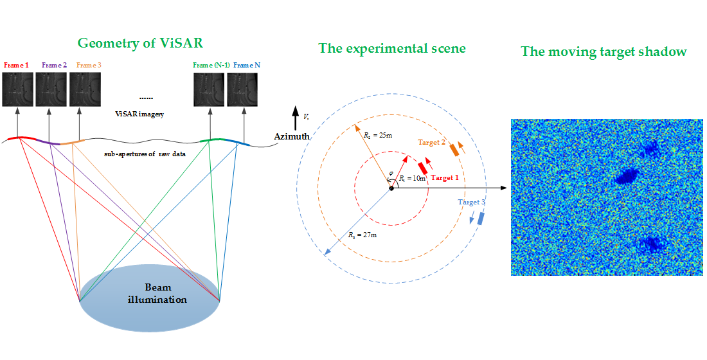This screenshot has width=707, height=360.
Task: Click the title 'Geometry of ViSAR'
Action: (x=140, y=44)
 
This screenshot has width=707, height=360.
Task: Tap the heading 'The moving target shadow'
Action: (x=603, y=51)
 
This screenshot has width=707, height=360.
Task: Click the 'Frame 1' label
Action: (x=16, y=65)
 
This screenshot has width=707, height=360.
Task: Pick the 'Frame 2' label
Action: (x=54, y=65)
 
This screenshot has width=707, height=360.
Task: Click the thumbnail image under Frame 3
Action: (x=85, y=89)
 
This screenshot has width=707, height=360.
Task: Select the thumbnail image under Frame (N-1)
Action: (x=210, y=89)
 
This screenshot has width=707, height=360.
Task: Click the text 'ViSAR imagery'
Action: (x=139, y=114)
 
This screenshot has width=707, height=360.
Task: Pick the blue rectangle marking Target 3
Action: (x=480, y=217)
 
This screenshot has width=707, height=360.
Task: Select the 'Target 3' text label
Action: (x=471, y=202)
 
